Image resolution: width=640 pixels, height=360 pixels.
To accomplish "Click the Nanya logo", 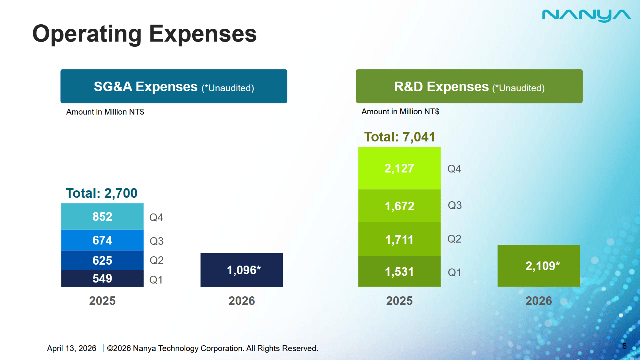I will click(x=586, y=15).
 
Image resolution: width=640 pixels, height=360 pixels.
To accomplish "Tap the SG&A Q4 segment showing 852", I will click(x=102, y=217).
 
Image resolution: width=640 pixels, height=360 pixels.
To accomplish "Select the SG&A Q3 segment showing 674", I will click(x=102, y=240).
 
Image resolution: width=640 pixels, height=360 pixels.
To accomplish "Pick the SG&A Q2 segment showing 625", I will click(x=102, y=260).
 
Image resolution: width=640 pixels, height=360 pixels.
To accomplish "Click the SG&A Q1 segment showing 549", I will click(x=102, y=278).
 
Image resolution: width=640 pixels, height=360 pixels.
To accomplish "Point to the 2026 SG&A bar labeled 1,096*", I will click(x=242, y=270).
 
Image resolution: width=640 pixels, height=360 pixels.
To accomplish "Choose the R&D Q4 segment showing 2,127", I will click(x=399, y=168).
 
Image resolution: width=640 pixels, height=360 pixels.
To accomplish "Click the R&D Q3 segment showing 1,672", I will click(x=399, y=206).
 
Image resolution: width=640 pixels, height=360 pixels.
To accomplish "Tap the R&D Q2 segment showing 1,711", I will click(x=399, y=239).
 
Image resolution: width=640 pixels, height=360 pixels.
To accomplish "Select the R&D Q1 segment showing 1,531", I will click(x=399, y=272).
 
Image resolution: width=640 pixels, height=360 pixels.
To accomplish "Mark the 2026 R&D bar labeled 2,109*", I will click(x=539, y=266).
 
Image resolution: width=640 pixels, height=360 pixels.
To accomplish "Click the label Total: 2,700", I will click(x=102, y=193).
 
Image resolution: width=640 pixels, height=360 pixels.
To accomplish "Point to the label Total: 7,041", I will click(x=399, y=137).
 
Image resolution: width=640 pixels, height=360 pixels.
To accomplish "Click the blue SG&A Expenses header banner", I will click(x=174, y=86).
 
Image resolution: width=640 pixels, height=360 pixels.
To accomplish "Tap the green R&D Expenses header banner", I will click(x=469, y=86).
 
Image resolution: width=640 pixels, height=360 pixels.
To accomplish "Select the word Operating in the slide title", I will click(x=87, y=34).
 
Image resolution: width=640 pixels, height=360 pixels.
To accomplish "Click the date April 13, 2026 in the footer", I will click(x=71, y=348).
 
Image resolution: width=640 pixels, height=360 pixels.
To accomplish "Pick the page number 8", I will click(x=624, y=346).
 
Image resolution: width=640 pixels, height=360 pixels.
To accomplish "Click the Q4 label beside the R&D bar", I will click(x=454, y=169).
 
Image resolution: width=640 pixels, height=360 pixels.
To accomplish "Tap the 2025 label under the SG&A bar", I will click(x=102, y=301).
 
